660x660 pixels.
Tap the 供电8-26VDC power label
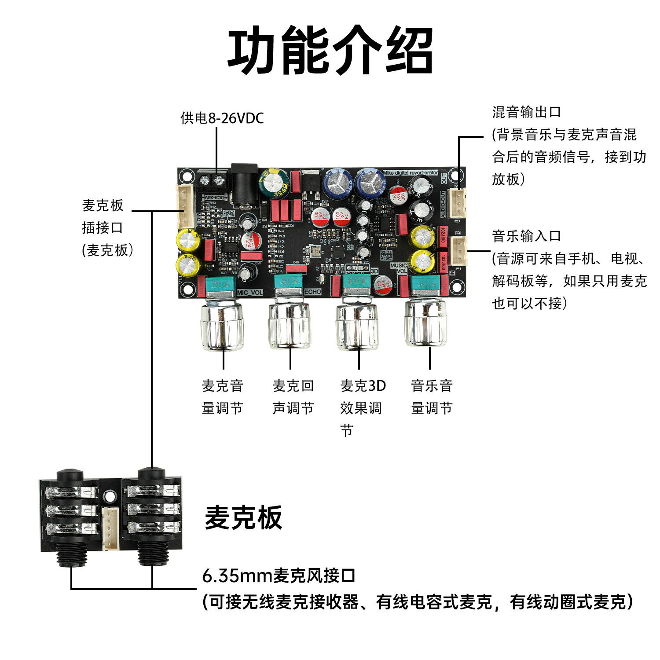click(222, 118)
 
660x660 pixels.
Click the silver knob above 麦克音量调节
click(222, 326)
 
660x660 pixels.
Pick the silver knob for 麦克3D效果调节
click(357, 326)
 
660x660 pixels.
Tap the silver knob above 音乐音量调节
click(425, 323)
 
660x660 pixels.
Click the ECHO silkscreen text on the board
click(312, 292)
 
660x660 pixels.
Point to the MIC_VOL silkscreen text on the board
click(249, 293)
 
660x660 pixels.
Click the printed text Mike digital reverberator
click(410, 172)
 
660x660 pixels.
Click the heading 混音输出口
click(527, 112)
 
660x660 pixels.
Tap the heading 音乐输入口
click(527, 236)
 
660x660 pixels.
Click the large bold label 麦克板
click(243, 517)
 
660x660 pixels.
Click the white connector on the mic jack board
click(110, 528)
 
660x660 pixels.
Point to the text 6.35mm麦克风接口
click(279, 576)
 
